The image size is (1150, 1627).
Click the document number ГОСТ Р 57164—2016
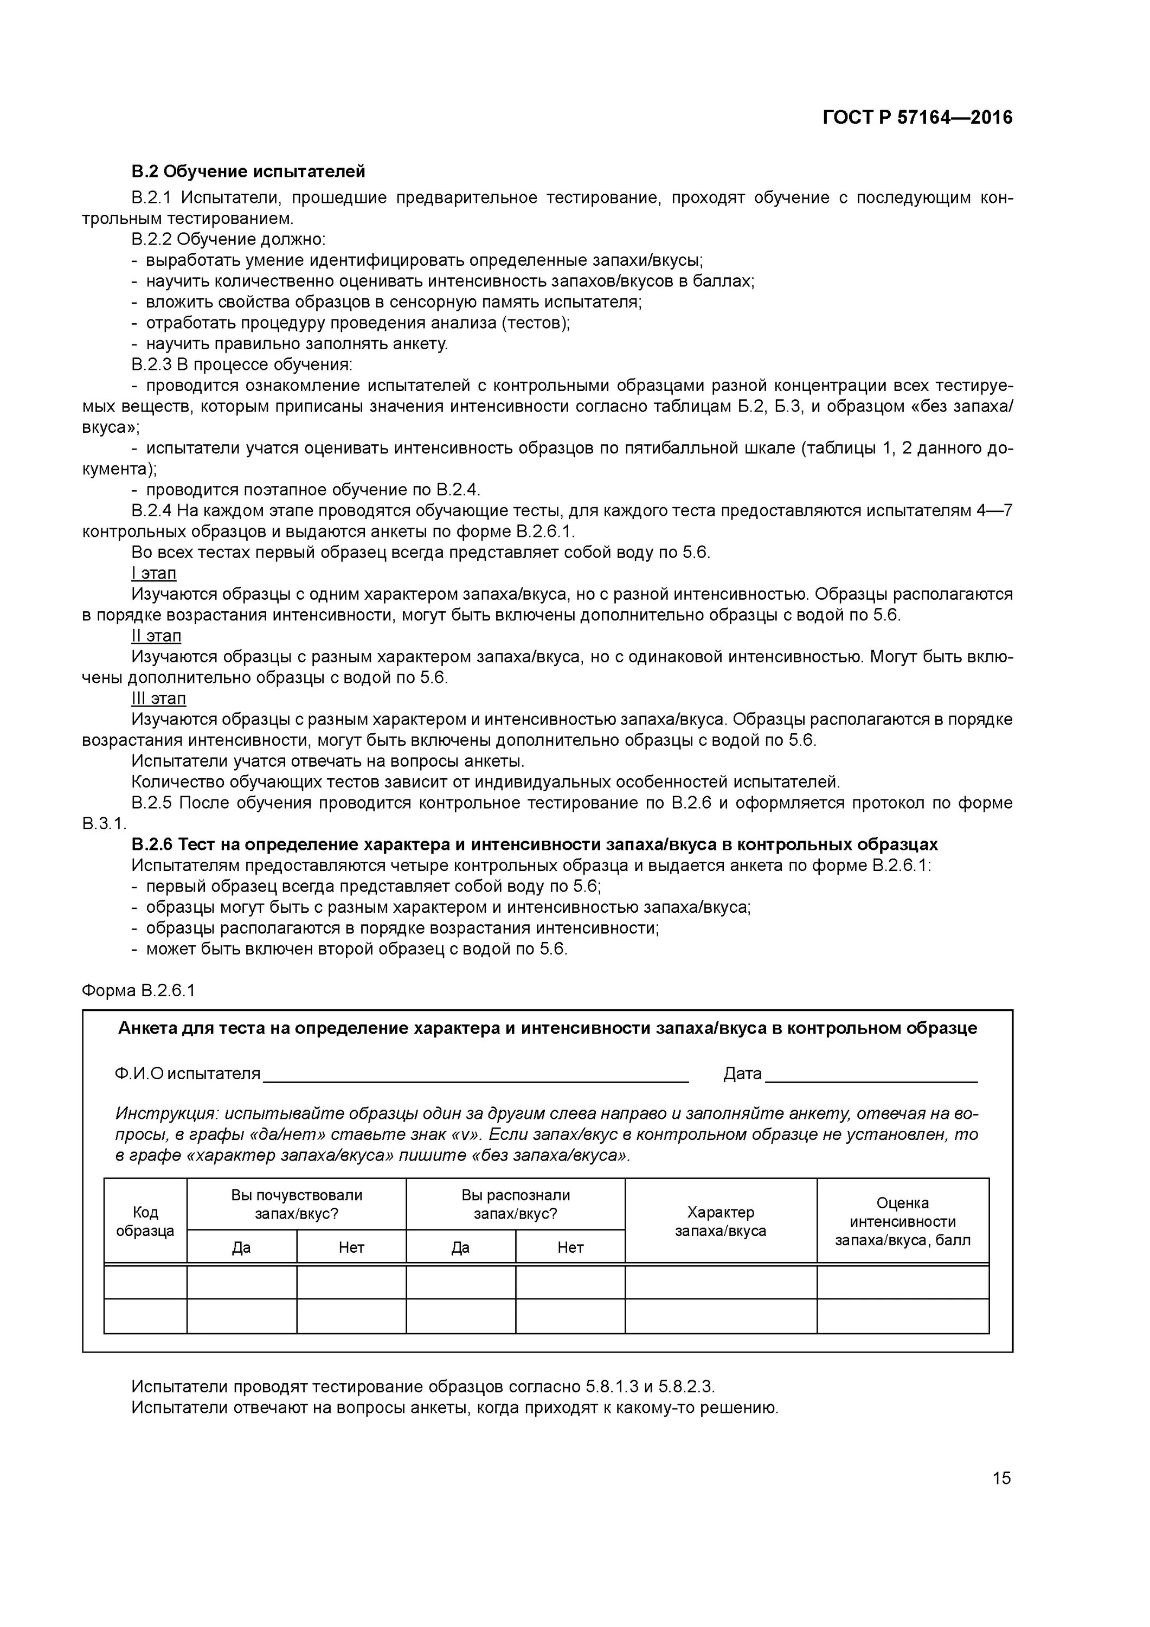[x=917, y=118]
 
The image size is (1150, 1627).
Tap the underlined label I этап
[x=154, y=573]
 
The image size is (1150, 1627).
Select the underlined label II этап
[x=156, y=636]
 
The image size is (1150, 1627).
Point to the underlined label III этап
[x=159, y=698]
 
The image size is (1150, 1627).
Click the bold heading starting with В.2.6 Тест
[x=534, y=844]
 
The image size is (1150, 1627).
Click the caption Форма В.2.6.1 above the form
[x=138, y=990]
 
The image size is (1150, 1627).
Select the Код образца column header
[x=145, y=1220]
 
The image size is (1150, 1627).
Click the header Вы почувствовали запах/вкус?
[x=296, y=1204]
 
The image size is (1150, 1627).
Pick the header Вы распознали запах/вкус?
[x=515, y=1204]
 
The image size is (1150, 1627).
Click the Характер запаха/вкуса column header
[x=720, y=1220]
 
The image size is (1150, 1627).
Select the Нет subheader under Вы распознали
[x=570, y=1247]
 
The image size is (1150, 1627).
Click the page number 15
[x=1001, y=1477]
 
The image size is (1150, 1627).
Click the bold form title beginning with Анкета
[x=547, y=1028]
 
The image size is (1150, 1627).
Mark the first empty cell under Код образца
[x=145, y=1282]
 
